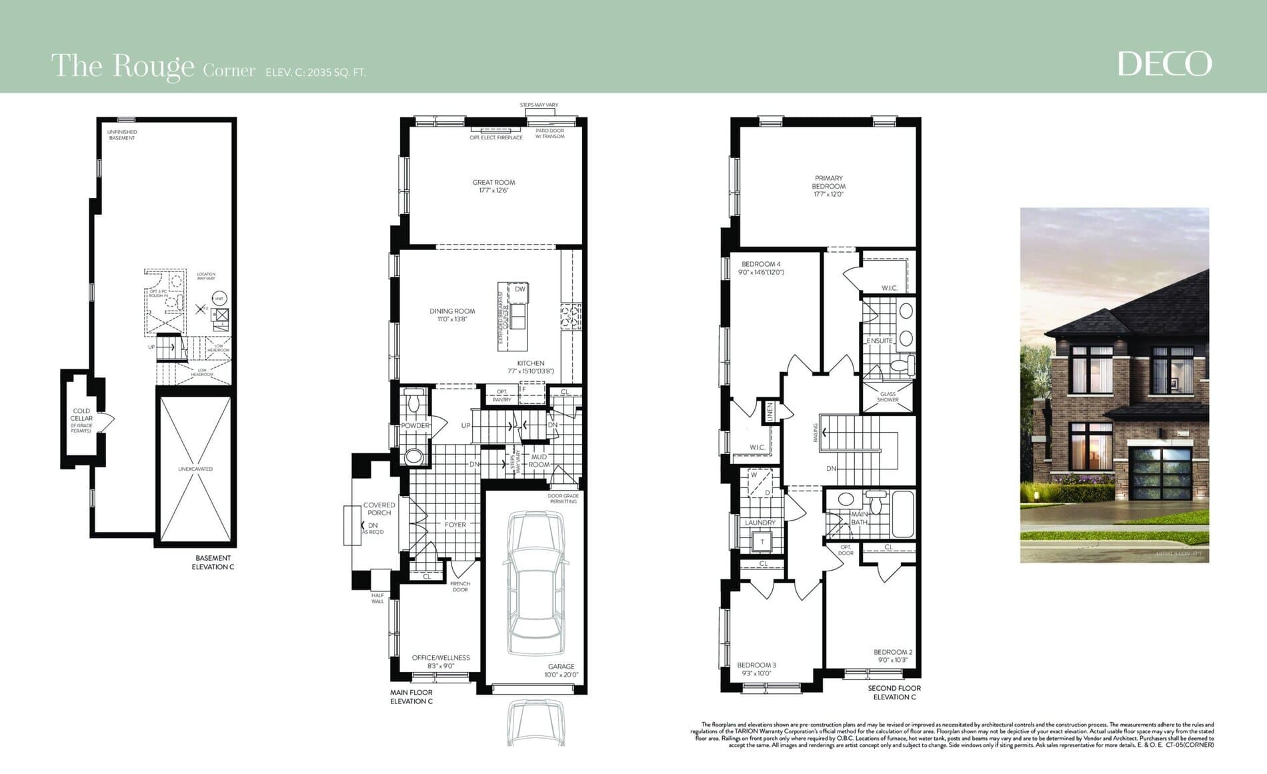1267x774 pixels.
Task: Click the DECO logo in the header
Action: coord(1164,64)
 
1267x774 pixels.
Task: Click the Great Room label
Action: coord(493,182)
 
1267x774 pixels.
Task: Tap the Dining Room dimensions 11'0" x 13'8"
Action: coord(452,319)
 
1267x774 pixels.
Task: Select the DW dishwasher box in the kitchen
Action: coord(519,289)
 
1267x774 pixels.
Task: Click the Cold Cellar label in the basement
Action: coord(81,415)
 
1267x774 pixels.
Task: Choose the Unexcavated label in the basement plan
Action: coord(195,469)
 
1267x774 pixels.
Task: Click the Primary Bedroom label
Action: coord(828,182)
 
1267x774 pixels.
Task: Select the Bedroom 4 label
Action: coord(761,264)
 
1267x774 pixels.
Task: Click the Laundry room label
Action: coord(760,523)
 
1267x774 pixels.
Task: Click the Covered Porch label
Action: coord(379,509)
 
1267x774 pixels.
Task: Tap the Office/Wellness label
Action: coord(441,657)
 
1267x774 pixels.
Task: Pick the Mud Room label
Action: coord(539,461)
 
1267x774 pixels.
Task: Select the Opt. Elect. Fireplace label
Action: coord(496,137)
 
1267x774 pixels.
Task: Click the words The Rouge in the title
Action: coord(123,66)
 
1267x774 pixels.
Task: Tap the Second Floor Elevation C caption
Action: coord(894,692)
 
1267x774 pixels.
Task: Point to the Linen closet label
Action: coord(769,411)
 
